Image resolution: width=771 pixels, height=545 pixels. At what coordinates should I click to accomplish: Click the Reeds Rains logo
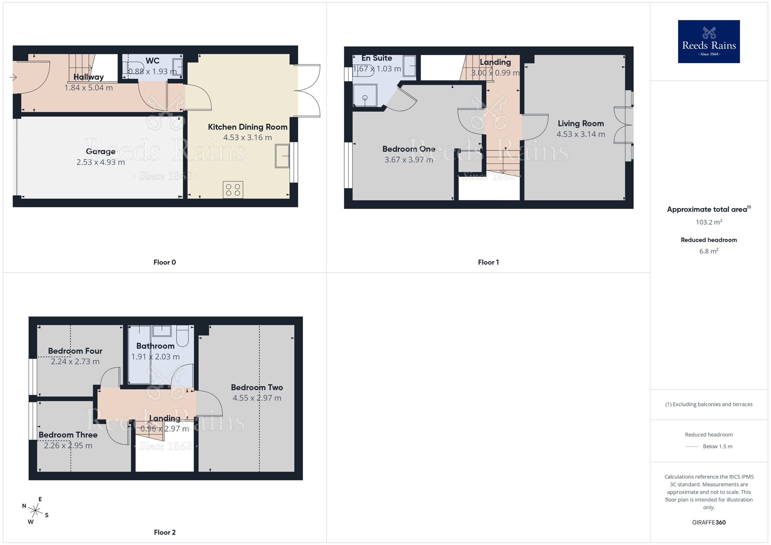click(709, 42)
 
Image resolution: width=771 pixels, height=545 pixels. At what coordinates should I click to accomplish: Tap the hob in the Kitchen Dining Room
click(233, 190)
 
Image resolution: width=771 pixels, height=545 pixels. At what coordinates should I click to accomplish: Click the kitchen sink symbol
click(282, 156)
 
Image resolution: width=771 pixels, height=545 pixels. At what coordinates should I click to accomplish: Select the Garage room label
click(101, 151)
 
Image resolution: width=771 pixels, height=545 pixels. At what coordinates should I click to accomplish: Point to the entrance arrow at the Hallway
click(13, 77)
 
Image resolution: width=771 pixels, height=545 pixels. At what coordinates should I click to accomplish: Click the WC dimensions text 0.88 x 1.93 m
click(152, 72)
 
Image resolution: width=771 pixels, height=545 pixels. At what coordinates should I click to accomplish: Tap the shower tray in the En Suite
click(365, 95)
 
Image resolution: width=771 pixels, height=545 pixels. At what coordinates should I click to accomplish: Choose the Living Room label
click(581, 123)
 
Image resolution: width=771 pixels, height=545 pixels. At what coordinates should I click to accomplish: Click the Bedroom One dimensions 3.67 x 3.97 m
click(409, 160)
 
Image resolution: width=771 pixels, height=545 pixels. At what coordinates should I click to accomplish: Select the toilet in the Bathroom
click(182, 336)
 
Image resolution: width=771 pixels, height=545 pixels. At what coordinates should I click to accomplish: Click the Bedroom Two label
click(257, 387)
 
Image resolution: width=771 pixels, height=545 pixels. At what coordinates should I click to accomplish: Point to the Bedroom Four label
click(75, 351)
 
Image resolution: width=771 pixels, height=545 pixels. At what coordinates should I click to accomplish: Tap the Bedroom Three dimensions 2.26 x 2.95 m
click(68, 446)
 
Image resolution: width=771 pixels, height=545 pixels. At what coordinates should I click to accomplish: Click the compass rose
click(35, 511)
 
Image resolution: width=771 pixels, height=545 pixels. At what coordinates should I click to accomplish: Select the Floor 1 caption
click(488, 262)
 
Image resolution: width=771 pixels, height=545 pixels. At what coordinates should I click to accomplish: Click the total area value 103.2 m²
click(709, 222)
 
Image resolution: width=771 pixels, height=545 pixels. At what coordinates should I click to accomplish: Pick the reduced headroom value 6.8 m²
click(709, 251)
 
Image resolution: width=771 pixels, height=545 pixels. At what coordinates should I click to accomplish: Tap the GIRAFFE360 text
click(709, 522)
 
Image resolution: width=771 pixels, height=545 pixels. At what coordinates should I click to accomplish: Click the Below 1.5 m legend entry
click(717, 446)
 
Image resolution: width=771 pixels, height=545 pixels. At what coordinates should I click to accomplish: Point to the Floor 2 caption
click(165, 532)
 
